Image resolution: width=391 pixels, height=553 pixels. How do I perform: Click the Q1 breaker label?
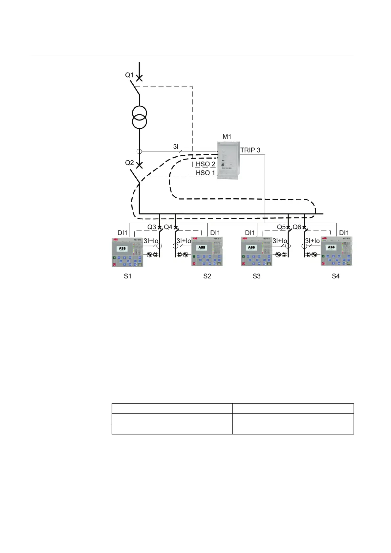click(129, 75)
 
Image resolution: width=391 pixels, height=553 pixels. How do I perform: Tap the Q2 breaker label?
click(129, 163)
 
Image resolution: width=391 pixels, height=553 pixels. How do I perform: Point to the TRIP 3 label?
click(250, 150)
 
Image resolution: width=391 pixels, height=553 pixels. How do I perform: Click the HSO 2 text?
click(206, 164)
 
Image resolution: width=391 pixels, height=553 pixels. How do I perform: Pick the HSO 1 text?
click(206, 173)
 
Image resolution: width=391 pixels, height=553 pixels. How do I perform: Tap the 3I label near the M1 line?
click(176, 147)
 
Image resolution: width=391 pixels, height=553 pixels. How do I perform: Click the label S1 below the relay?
click(127, 276)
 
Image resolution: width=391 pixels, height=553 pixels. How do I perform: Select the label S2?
click(207, 276)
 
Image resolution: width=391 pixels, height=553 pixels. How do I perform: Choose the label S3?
click(256, 276)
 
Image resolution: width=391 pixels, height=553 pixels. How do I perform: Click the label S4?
click(336, 276)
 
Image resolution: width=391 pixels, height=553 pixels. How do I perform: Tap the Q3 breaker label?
click(152, 227)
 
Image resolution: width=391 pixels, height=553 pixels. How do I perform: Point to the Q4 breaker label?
click(168, 227)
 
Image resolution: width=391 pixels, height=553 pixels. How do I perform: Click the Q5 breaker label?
click(281, 227)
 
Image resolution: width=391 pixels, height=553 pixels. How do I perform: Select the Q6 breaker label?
click(297, 227)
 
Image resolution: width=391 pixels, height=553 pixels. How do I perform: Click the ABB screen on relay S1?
click(122, 249)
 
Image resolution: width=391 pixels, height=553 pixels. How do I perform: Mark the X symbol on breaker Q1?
click(140, 78)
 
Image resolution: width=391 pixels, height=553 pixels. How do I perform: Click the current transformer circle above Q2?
click(139, 152)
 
